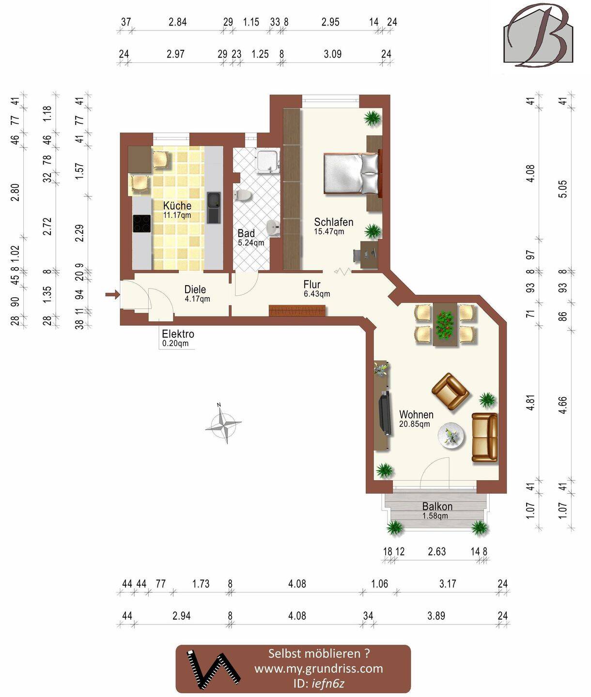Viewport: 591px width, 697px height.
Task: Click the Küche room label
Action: click(x=177, y=205)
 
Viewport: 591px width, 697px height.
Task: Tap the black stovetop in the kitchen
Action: click(x=142, y=223)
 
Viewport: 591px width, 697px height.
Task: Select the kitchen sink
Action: click(x=213, y=207)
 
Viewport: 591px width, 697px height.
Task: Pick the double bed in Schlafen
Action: click(x=351, y=174)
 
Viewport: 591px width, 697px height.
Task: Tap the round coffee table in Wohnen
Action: click(x=451, y=436)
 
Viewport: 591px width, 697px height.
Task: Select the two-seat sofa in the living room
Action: click(x=484, y=438)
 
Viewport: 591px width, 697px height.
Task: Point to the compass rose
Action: click(x=223, y=424)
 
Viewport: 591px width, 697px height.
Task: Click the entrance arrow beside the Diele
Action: click(x=112, y=295)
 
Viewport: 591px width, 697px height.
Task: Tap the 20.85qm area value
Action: click(x=415, y=424)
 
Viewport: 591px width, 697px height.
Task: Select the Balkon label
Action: click(x=437, y=506)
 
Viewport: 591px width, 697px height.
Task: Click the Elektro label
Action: click(x=178, y=334)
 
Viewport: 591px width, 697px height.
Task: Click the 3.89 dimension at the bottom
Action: click(x=436, y=616)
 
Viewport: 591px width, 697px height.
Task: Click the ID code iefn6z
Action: click(x=328, y=683)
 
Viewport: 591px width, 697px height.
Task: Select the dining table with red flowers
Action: click(x=445, y=324)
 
